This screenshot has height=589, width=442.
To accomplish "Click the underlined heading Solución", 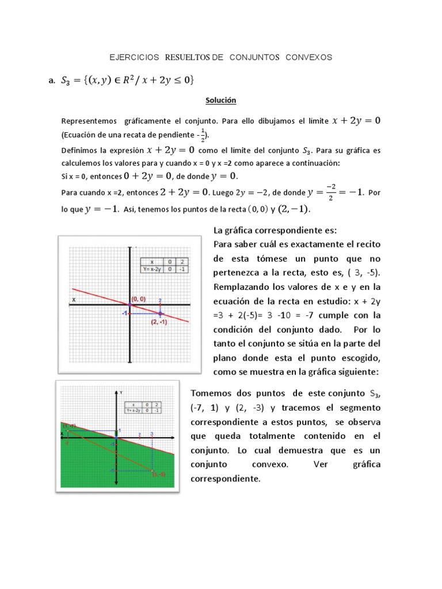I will [221, 100].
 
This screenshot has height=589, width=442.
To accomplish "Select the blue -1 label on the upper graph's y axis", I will [124, 313].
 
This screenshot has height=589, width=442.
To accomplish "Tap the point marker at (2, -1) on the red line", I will [160, 313].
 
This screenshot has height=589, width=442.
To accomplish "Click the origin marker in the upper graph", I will [131, 305].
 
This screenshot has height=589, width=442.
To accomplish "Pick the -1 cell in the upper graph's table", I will [182, 268].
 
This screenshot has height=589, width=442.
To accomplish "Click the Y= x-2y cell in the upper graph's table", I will [152, 268].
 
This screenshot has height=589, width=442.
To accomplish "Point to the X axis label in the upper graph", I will [74, 300].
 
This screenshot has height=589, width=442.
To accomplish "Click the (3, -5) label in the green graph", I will [159, 475].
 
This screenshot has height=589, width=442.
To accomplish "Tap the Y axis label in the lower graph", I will [121, 391].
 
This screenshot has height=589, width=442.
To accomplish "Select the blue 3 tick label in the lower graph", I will [151, 433].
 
